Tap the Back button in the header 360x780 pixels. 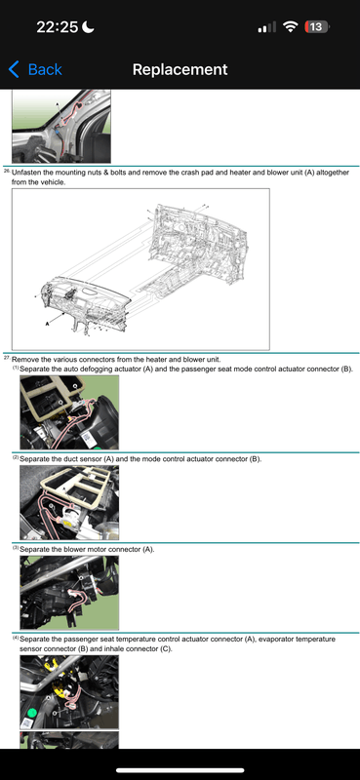pos(35,69)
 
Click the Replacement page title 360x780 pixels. pos(180,69)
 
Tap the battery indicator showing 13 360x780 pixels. pos(316,27)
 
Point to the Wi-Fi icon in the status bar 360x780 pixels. pos(290,27)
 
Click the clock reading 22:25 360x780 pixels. pos(58,27)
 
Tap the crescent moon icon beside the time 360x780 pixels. pos(88,26)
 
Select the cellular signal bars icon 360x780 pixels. pos(266,28)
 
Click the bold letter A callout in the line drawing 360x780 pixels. pos(48,324)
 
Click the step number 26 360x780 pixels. pos(7,171)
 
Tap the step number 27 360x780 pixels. pos(7,358)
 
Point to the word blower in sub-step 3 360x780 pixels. pos(76,550)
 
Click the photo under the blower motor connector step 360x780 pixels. pos(69,593)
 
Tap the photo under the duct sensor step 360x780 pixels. pos(69,502)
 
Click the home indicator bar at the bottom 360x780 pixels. pos(180,770)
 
